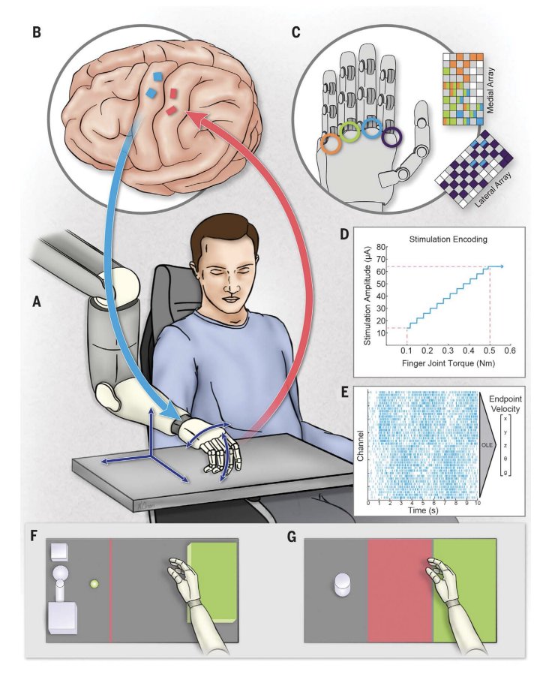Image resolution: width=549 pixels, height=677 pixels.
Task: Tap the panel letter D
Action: click(x=344, y=233)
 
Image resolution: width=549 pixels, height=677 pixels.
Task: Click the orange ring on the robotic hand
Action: click(x=330, y=144)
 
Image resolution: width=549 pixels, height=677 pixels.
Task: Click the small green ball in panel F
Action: click(x=94, y=583)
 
